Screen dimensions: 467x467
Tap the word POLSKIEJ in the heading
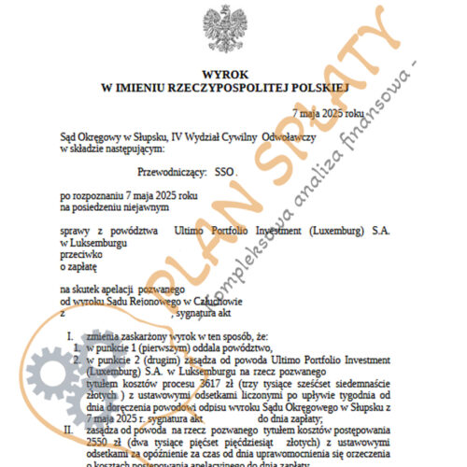click(317, 85)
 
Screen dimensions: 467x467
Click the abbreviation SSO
click(226, 172)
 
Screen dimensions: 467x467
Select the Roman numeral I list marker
click(68, 333)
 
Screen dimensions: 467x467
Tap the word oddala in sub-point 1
click(178, 345)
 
